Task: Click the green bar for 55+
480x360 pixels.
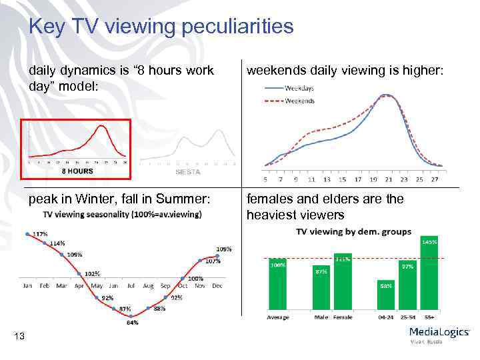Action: click(429, 274)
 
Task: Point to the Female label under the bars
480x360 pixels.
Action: click(343, 317)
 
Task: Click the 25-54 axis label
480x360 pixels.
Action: click(407, 317)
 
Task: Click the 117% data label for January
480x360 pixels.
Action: click(40, 234)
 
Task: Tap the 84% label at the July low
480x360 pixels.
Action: click(132, 323)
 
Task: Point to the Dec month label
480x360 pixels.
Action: click(217, 285)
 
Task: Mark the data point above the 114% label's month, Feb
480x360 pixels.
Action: click(44, 243)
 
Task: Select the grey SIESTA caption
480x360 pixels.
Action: click(188, 171)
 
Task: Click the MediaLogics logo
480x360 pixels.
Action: click(439, 334)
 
